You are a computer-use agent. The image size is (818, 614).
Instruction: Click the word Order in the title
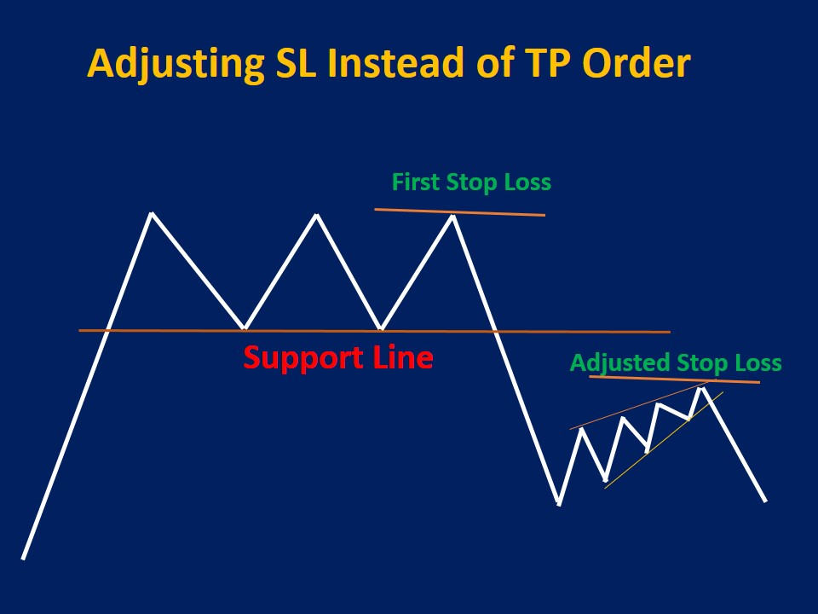(643, 64)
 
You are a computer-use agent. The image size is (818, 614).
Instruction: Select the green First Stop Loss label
(471, 182)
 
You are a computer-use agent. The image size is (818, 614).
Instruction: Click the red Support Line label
(338, 357)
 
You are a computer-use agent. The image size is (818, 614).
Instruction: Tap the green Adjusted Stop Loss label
(675, 362)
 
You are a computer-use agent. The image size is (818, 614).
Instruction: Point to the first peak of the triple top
(152, 213)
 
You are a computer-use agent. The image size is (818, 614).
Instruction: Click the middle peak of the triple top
(317, 215)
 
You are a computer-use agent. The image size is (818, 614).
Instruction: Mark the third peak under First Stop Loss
(453, 216)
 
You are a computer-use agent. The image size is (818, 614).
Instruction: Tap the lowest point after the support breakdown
(558, 503)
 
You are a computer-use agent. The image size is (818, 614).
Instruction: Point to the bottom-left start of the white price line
(23, 558)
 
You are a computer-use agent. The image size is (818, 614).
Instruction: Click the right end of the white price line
(765, 501)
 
